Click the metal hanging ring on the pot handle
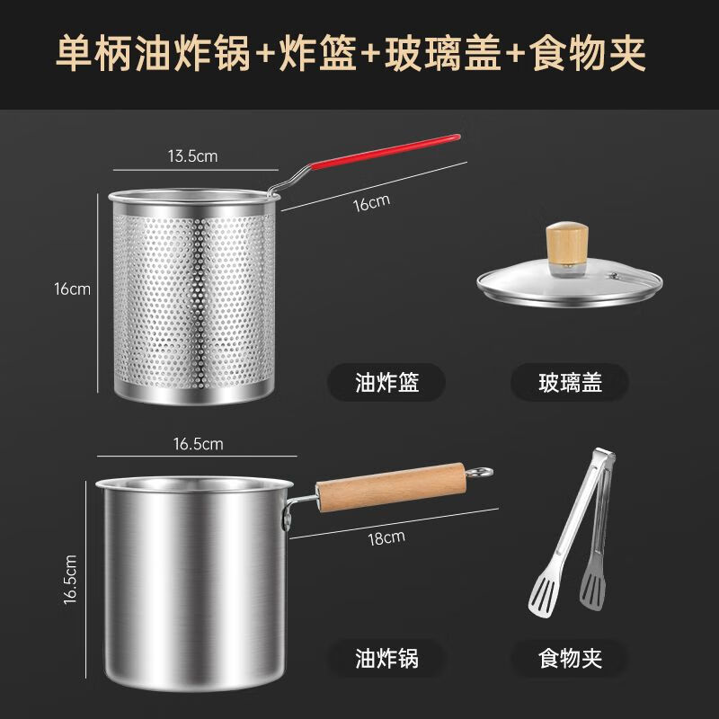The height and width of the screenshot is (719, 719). tap(482, 472)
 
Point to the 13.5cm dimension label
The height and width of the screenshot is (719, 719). tap(192, 155)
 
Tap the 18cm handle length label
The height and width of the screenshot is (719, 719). tap(386, 537)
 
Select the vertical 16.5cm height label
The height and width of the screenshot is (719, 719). tap(71, 580)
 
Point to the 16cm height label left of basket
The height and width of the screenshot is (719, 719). tap(73, 289)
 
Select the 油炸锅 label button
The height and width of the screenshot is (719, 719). tap(386, 658)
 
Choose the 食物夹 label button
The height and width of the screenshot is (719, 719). tap(570, 658)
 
